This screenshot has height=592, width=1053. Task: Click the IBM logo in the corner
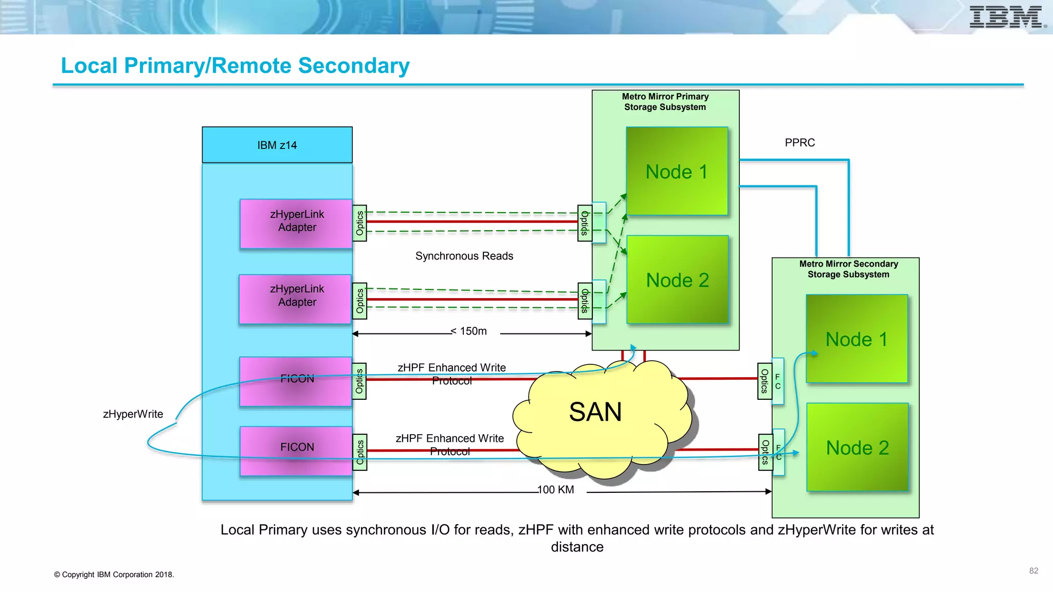pos(1007,17)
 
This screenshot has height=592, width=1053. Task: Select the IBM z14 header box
pos(277,145)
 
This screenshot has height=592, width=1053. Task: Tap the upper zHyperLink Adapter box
pos(297,224)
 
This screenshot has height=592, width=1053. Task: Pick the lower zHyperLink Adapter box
pos(296,299)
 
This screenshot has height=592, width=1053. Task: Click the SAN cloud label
pos(595,412)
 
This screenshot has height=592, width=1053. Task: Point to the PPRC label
pos(800,142)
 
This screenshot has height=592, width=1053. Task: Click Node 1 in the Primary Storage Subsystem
pos(677,172)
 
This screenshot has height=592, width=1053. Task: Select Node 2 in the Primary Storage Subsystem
pos(678,280)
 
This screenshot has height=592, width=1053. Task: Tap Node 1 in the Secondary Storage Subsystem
pos(857,339)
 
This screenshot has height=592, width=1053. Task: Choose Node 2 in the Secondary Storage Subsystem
pos(858,448)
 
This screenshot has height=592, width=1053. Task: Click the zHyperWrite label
pos(133,414)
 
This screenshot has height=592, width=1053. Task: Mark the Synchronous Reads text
pos(464,256)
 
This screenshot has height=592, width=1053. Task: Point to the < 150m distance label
pos(468,331)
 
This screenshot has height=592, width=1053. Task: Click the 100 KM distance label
pos(555,490)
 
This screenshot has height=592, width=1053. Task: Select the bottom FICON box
pos(297,451)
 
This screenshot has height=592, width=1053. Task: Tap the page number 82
pos(1033,571)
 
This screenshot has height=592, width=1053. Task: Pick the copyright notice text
pos(114,575)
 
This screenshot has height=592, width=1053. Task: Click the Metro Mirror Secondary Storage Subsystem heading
pos(848,269)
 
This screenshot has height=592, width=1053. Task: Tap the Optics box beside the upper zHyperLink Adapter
pos(360,224)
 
